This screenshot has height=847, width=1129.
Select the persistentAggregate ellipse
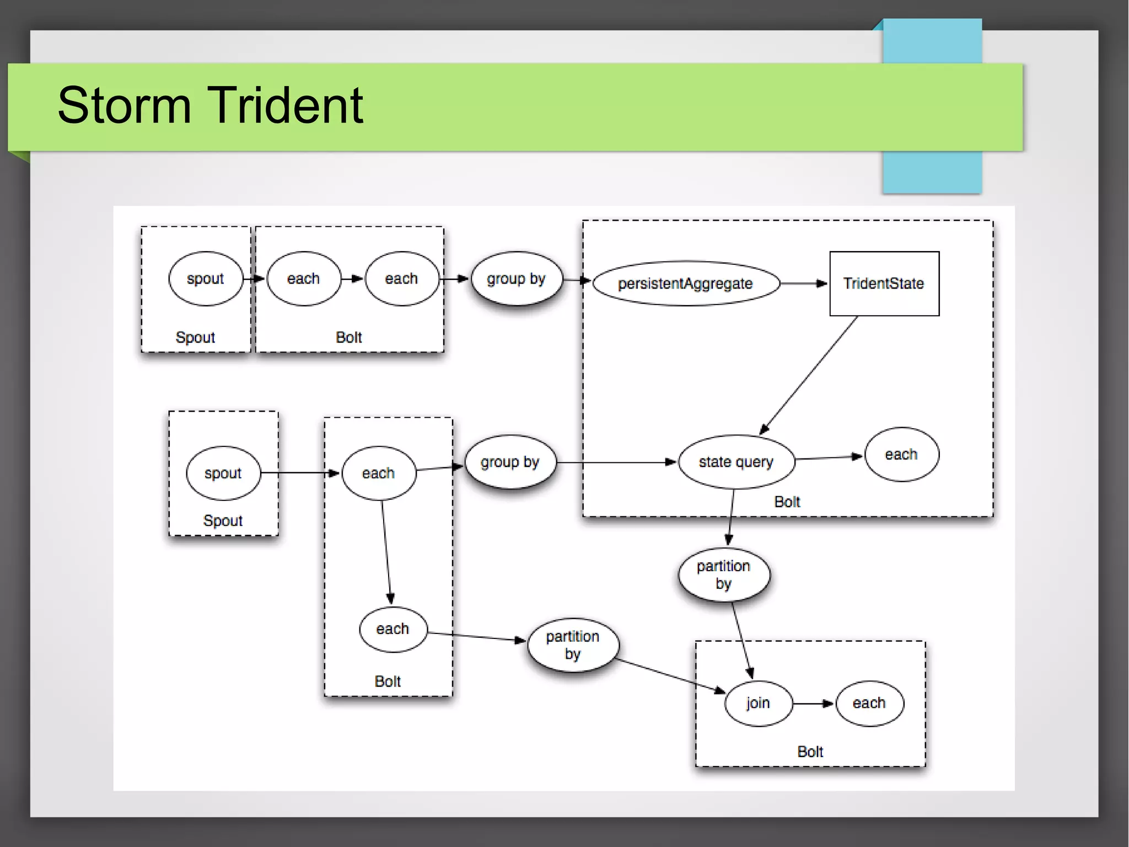pos(685,284)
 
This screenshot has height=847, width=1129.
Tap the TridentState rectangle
pos(884,284)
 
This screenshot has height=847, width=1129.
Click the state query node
pos(736,462)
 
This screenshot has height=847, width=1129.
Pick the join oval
pos(758,703)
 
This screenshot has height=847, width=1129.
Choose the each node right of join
pos(869,703)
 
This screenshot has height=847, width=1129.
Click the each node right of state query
pos(901,455)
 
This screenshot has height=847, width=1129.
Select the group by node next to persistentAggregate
pos(516,279)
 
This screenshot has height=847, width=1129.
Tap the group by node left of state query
pos(509,462)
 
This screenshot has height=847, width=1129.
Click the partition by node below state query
pos(723,574)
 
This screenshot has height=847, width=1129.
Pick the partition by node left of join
pos(572,644)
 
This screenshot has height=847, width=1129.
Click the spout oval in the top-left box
pos(205,279)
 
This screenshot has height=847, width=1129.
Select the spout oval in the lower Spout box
pos(223,473)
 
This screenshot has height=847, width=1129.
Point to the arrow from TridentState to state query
pos(809,375)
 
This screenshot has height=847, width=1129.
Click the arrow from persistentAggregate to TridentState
pos(804,284)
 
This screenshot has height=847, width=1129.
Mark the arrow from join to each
pos(813,704)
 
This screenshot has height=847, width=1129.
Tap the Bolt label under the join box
pos(810,752)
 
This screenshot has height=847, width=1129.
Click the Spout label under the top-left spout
pos(195,337)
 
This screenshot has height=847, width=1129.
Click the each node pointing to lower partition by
pos(393,629)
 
